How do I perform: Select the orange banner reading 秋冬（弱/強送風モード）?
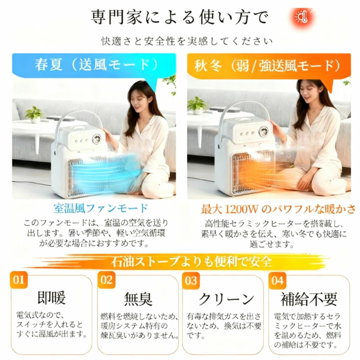[269, 66]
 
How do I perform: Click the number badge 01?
[19, 280]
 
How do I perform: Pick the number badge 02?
[106, 280]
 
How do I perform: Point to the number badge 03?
[191, 280]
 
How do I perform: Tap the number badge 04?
[277, 280]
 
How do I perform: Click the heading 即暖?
[51, 298]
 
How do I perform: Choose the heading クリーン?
[226, 299]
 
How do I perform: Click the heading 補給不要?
[309, 299]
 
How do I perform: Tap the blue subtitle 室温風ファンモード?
[100, 208]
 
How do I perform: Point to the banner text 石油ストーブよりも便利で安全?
[191, 262]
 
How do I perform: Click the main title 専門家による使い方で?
[180, 17]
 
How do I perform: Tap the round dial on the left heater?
[97, 139]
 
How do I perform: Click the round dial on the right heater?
[264, 131]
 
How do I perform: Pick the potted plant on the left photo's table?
[34, 114]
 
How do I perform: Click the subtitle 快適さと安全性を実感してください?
[187, 41]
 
